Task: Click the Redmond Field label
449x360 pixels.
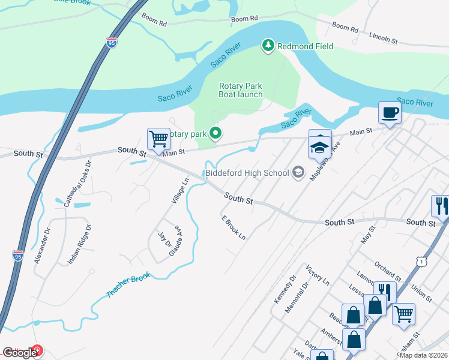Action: pos(305,46)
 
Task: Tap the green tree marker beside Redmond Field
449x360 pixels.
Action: pos(268,45)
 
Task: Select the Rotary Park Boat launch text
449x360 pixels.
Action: pos(240,90)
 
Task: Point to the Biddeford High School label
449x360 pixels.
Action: pos(247,173)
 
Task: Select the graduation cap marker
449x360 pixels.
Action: pos(320,147)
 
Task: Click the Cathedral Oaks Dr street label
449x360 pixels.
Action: pos(77,184)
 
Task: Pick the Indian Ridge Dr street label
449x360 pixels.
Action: pos(80,244)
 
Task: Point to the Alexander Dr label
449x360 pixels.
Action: pos(44,245)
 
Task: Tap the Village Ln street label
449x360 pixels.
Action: pos(179,190)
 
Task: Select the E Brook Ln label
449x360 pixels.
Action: pos(234,227)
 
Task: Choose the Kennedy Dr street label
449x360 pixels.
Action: pos(285,289)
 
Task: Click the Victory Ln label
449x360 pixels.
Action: pos(318,274)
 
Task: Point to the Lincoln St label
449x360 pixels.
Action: pos(384,40)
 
